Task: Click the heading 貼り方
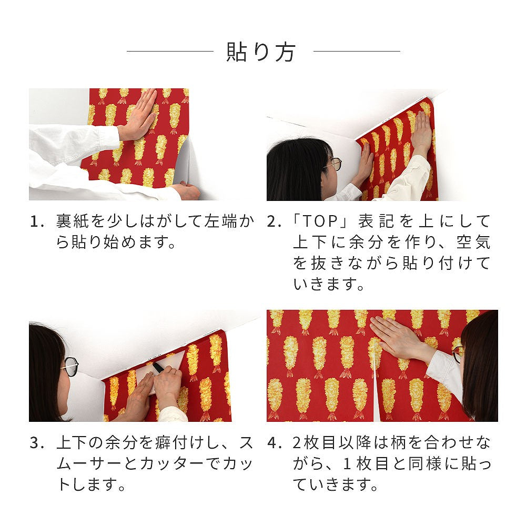click(261, 52)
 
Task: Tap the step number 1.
click(37, 222)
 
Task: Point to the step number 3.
click(37, 443)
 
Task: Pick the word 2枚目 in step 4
click(313, 442)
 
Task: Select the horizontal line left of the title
click(170, 52)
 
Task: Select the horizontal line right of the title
click(357, 52)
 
